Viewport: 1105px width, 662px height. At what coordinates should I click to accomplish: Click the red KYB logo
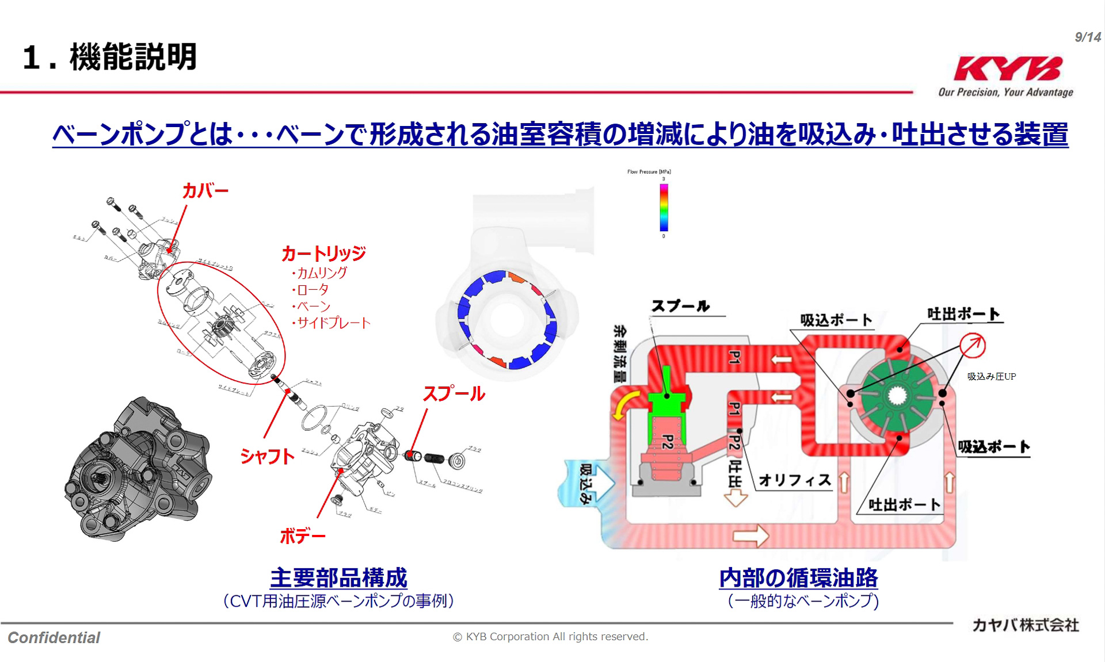tap(1007, 68)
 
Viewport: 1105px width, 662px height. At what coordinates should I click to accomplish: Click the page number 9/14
tap(1087, 37)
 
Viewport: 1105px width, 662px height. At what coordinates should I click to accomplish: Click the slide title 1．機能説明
tap(110, 57)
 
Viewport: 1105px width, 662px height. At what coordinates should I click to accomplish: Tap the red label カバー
tap(205, 190)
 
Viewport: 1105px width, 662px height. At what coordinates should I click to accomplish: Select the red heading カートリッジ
tap(323, 253)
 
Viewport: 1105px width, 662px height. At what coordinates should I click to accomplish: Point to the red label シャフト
tap(267, 456)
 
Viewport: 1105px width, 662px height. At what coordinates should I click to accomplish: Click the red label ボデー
tap(302, 536)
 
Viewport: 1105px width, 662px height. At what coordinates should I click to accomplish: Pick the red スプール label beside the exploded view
tap(454, 393)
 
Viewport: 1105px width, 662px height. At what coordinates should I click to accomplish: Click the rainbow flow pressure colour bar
tap(664, 207)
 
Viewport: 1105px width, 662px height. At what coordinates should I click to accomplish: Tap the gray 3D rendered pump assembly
tap(138, 469)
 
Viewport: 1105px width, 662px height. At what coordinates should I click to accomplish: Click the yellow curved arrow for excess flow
tap(626, 404)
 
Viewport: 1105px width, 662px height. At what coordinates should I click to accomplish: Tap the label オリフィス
tap(794, 480)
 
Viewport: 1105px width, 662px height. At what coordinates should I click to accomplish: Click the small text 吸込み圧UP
tap(991, 376)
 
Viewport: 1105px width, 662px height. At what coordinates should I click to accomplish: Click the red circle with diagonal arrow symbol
tap(972, 346)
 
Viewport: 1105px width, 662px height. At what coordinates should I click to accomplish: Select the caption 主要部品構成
tap(338, 577)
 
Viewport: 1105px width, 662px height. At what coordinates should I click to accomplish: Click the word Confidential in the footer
tap(54, 637)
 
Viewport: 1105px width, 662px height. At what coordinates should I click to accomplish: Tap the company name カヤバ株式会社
tap(1025, 625)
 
